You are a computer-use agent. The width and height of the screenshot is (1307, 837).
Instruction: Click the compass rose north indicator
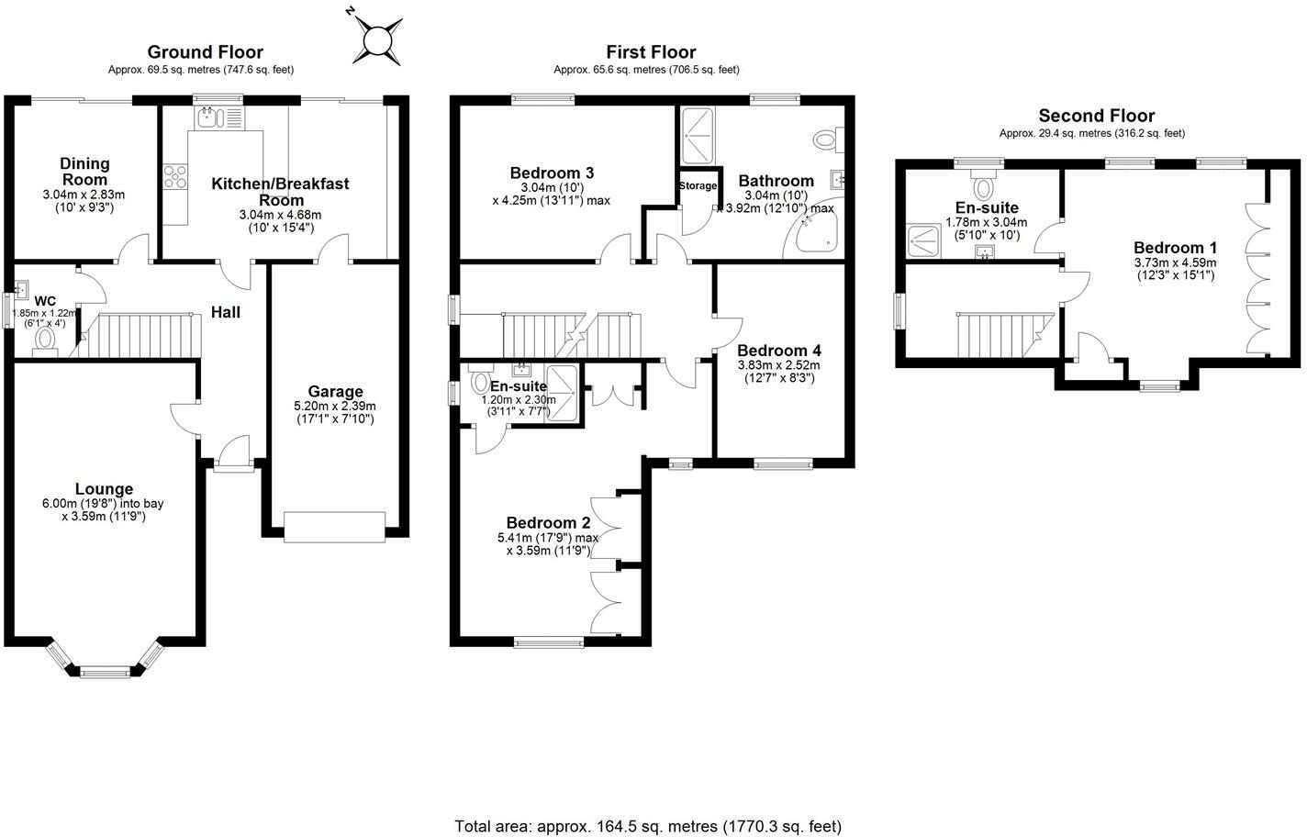pos(350,10)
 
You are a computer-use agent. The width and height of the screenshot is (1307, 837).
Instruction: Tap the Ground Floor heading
pos(205,52)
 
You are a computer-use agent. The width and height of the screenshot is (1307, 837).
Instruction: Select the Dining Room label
pos(84,172)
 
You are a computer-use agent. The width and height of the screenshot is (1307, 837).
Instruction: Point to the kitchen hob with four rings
pos(175,176)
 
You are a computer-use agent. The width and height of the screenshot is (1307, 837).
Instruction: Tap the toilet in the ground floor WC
pos(45,340)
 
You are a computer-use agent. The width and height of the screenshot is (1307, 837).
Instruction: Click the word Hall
pos(225,312)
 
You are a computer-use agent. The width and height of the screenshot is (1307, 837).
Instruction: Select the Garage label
pos(336,391)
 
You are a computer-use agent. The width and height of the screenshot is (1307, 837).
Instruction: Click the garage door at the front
pos(334,528)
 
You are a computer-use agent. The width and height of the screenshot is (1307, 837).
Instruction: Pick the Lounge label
pos(104,489)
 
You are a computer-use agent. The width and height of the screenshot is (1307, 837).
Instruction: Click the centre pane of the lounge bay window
pos(105,673)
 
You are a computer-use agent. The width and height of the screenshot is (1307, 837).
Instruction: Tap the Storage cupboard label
pos(698,185)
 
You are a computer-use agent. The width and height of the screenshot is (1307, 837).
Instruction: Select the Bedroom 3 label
pos(552,173)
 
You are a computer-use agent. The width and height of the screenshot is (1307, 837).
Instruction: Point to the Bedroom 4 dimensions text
pos(779,372)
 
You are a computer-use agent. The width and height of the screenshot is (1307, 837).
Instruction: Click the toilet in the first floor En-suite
pos(480,380)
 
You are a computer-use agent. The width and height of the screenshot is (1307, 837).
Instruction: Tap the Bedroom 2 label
pos(549,522)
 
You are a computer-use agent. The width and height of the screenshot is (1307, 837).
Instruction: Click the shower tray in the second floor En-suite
pos(923,241)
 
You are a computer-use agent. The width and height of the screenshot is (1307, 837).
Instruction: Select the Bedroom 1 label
pos(1175,247)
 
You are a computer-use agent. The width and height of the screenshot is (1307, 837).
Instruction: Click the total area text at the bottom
pos(648,826)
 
